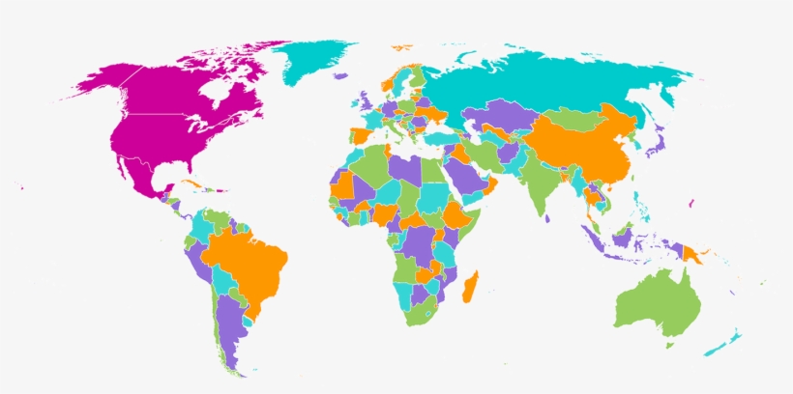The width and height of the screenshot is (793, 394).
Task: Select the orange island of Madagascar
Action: coord(471,286)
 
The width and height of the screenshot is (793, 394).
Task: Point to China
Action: coord(580,150)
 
